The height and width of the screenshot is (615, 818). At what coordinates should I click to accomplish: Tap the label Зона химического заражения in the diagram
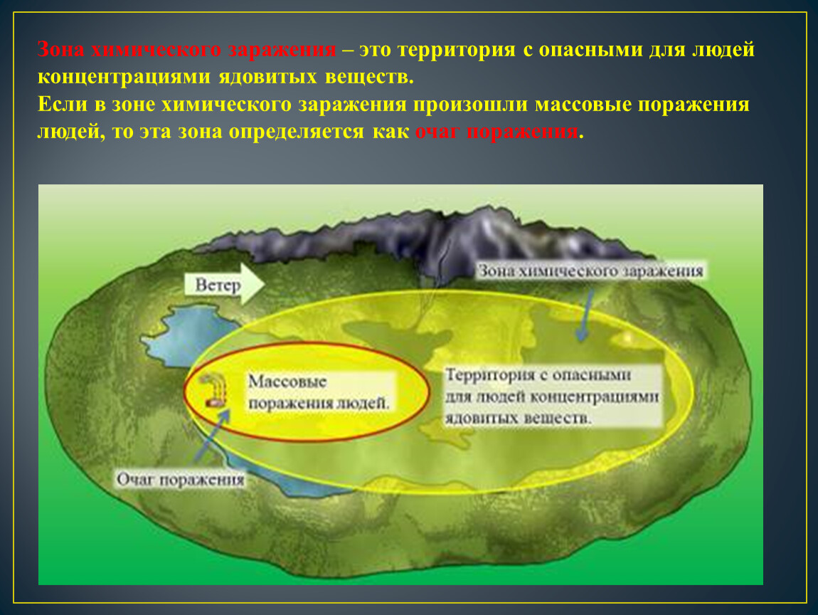coord(590,271)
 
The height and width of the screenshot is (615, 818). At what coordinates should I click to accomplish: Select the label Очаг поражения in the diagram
coord(181,479)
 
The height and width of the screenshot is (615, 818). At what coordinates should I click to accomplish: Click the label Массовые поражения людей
coord(319,392)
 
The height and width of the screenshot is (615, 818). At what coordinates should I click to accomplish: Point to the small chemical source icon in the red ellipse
coord(214,391)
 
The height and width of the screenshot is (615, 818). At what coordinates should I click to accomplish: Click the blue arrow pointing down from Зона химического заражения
coord(585,315)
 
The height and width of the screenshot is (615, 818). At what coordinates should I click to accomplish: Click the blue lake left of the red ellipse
coord(188,334)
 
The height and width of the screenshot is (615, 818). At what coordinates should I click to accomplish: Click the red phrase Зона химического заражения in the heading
coord(187,50)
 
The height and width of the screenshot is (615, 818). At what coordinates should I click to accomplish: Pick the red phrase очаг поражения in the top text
coord(496,132)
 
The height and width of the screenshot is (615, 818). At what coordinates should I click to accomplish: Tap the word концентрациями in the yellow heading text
coord(124,77)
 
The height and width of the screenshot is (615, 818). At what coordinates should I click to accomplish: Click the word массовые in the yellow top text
coord(583,104)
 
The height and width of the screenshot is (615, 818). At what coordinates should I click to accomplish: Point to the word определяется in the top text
coord(297,132)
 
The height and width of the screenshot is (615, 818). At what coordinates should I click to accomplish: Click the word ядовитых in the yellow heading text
coord(267,77)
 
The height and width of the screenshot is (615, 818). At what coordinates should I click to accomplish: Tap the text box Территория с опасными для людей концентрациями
coord(553,396)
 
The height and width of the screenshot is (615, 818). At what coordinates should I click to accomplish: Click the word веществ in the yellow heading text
coord(369,77)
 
